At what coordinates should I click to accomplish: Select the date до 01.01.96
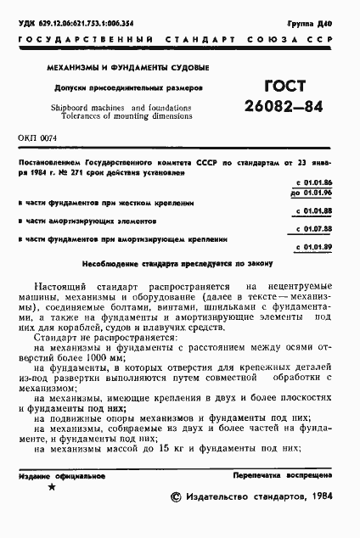click(316, 193)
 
